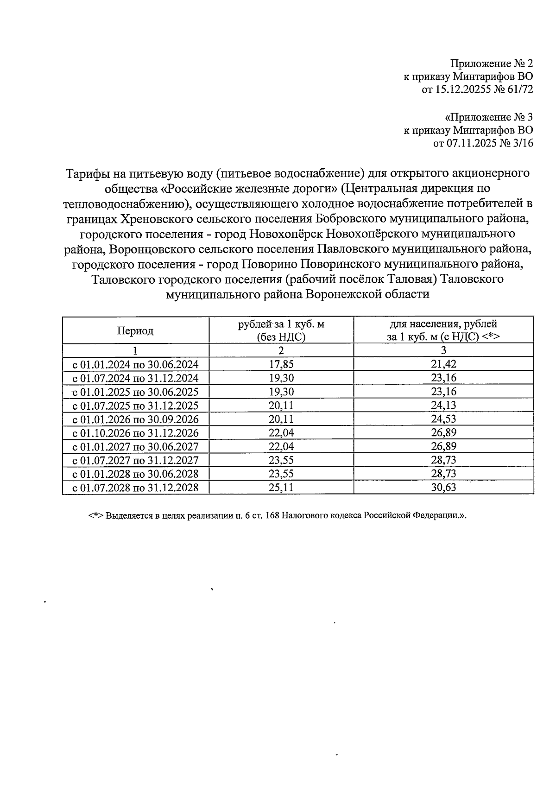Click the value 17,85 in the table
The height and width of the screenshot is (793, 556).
pos(281,364)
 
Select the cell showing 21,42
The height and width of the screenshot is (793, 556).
pos(443,364)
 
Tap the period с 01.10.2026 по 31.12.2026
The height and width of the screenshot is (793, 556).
pos(135,433)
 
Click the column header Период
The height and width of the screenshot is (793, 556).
pos(135,330)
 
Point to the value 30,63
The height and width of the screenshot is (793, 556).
pos(443,488)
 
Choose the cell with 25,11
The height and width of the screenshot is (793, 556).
pos(281,488)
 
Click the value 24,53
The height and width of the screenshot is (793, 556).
pos(443,419)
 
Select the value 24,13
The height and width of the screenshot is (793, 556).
pos(443,406)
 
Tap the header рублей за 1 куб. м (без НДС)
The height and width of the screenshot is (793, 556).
pos(281,330)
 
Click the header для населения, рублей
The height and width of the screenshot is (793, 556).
pos(443,324)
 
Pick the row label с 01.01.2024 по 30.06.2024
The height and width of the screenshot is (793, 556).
pos(135,364)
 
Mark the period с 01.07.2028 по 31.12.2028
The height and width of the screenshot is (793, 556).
pos(135,488)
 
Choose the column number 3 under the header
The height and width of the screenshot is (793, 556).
pos(443,350)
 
